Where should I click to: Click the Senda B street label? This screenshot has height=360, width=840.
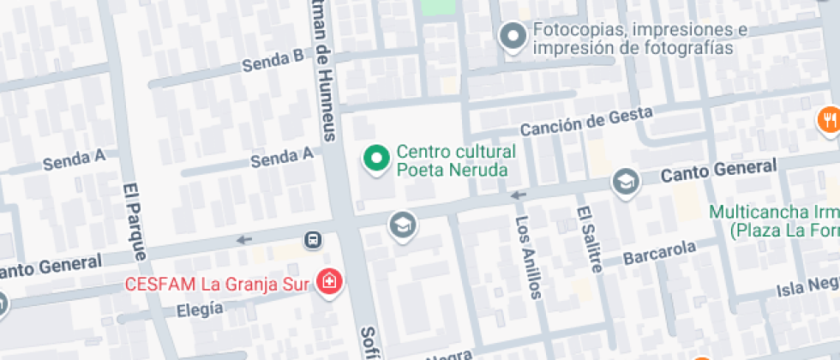[x=273, y=61]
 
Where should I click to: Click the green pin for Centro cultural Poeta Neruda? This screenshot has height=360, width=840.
[x=375, y=159]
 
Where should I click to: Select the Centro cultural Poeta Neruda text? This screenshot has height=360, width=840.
[x=455, y=161]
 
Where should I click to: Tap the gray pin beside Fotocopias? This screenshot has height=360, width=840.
[x=513, y=38]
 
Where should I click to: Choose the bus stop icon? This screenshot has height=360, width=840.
[x=315, y=239]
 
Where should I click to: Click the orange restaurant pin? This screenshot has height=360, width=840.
[x=829, y=119]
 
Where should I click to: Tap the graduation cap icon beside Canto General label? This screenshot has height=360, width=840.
[x=626, y=182]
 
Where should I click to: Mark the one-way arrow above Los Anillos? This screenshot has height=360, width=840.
[x=517, y=195]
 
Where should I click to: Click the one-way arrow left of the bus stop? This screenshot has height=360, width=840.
[x=245, y=239]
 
